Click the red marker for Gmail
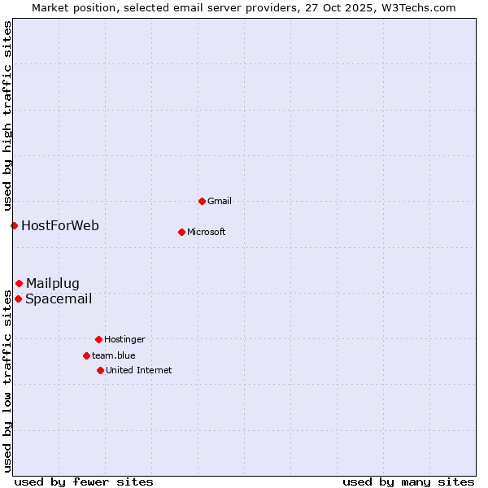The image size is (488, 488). coord(202,201)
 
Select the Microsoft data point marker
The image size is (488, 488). coord(181,232)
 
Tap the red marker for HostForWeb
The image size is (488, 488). coord(14,225)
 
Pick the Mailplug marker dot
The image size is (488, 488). coord(19,283)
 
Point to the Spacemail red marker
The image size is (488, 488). coord(18,298)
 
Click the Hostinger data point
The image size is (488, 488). coord(98,339)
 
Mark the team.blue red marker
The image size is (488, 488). coord(86,355)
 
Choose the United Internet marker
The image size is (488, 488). coord(100,370)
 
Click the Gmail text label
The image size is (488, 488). coord(220,201)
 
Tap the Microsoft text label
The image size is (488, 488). coord(207,232)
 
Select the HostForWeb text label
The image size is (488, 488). coord(60,225)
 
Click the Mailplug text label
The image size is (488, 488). coord(53,283)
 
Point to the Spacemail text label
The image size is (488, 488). coord(59,298)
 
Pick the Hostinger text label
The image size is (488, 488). coord(124,339)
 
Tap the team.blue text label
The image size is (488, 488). coord(114,355)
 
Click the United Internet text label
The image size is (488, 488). coord(139,370)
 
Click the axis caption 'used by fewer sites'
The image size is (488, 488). coord(84,481)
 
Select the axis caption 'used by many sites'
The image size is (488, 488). coord(408,481)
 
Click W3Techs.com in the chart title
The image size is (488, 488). coord(416,7)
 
